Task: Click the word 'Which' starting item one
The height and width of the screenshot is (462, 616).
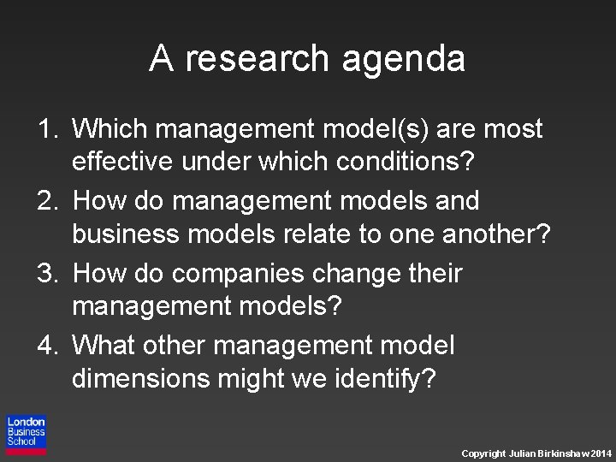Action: coord(111,129)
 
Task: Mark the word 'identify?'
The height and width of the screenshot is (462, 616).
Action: coord(385,378)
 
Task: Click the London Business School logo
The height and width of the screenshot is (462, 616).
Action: coord(26,435)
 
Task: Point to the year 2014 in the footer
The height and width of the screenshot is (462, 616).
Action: coord(601,453)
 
